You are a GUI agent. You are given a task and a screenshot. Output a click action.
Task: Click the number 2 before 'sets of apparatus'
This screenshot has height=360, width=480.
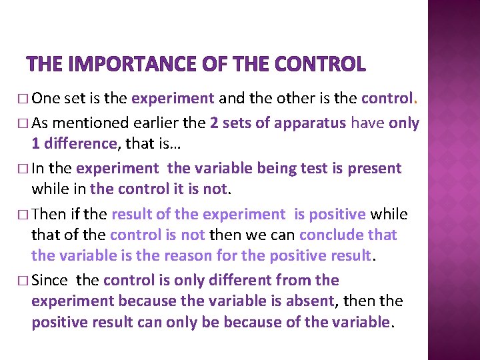213,123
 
